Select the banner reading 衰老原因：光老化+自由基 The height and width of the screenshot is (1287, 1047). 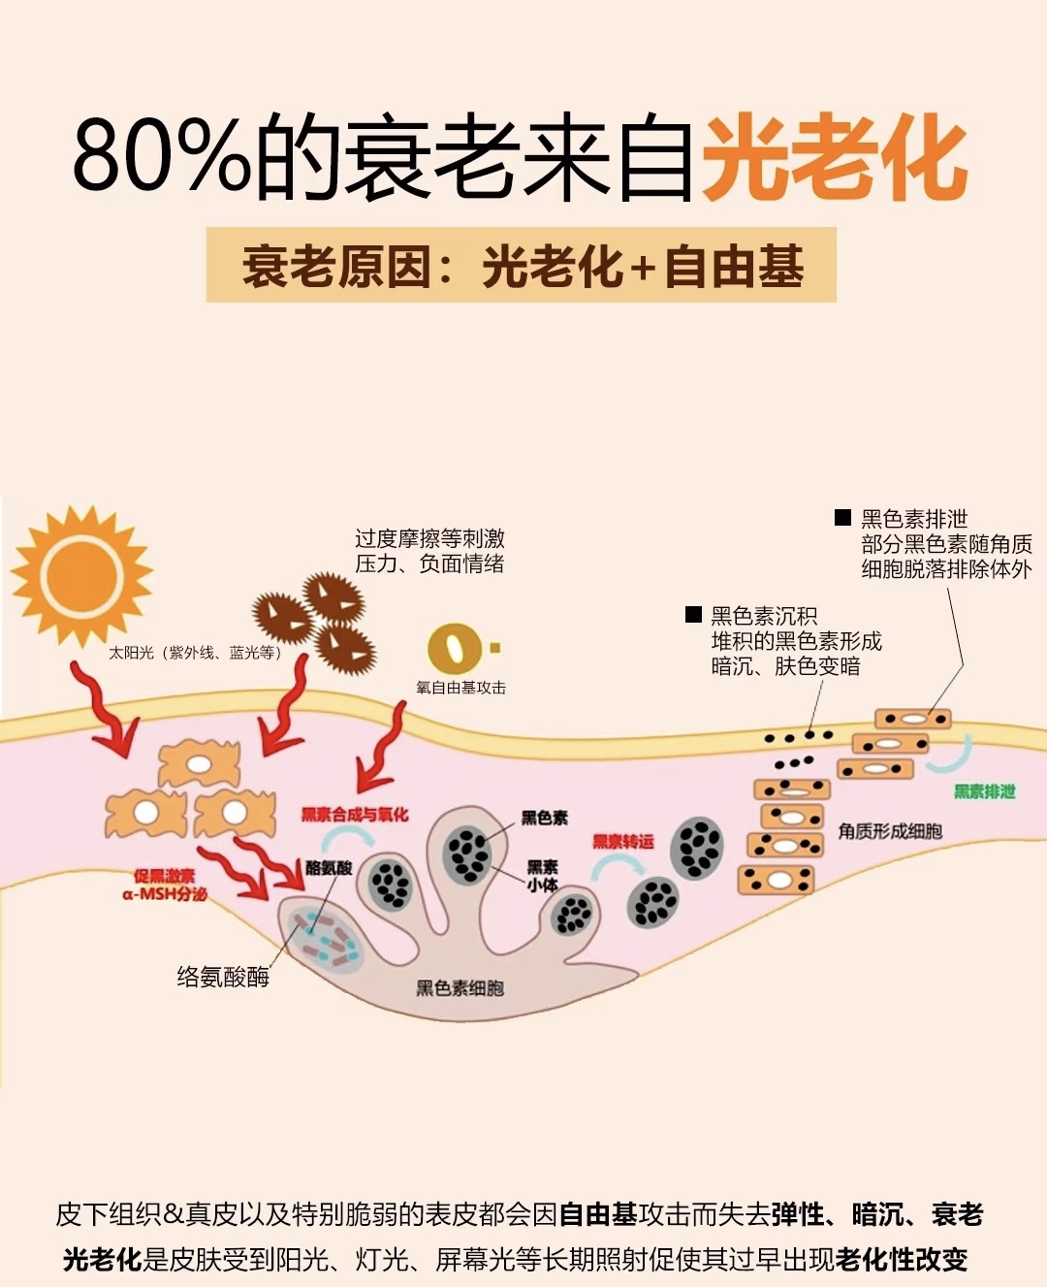[x=522, y=266]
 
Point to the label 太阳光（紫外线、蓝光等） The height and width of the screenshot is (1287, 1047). [x=195, y=653]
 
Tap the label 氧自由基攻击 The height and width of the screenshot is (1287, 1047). [x=460, y=688]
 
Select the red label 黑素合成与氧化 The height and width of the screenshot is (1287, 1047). [x=355, y=815]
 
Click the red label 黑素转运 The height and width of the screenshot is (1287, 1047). [x=623, y=841]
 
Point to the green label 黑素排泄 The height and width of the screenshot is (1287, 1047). [x=984, y=791]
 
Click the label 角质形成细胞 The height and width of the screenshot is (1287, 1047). [x=890, y=831]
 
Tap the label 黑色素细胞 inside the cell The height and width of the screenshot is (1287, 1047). [x=460, y=988]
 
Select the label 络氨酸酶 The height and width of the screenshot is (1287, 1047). [x=223, y=977]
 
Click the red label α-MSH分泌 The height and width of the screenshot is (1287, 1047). [x=165, y=894]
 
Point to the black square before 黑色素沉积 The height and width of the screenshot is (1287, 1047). [x=693, y=614]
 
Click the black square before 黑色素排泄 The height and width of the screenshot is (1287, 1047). [x=842, y=518]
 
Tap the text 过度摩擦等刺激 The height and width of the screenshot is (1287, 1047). [x=429, y=538]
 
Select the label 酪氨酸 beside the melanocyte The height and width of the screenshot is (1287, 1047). [x=329, y=868]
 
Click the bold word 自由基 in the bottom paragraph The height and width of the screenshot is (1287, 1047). [x=598, y=1214]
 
